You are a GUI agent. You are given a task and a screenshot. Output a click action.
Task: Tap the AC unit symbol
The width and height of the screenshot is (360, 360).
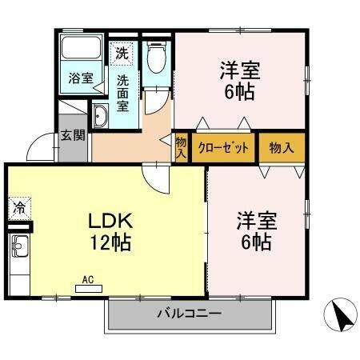click(88, 282)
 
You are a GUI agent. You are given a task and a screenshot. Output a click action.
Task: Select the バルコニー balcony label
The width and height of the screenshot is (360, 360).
click(189, 313)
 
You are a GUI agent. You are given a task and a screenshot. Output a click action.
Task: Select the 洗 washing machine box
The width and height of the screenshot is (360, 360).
click(122, 54)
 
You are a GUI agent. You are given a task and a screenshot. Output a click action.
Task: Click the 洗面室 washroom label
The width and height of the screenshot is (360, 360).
click(125, 91)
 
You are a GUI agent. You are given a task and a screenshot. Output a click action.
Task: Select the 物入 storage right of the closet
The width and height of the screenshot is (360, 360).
click(282, 148)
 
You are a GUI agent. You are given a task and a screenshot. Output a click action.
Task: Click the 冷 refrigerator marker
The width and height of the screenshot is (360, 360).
click(18, 207)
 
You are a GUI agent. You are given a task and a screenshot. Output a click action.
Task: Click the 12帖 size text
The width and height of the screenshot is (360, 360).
click(105, 240)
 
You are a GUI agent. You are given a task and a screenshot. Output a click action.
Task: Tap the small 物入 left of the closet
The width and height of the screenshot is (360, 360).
click(181, 148)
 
